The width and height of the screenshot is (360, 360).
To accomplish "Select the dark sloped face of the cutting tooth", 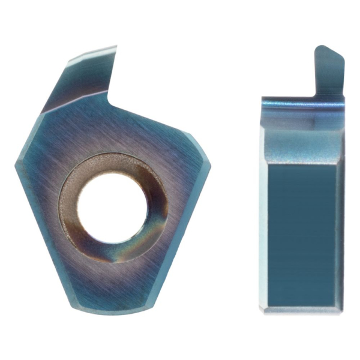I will (84, 84).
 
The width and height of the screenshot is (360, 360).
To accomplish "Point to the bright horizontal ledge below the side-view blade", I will (303, 105).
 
